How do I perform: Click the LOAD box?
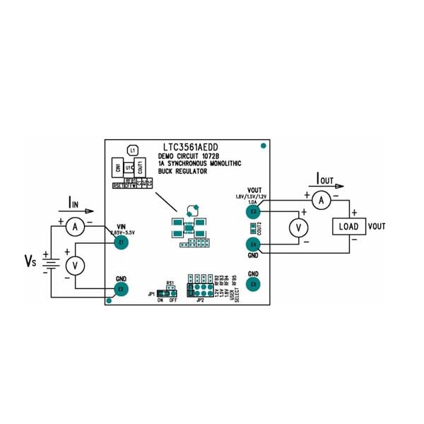pos(348,226)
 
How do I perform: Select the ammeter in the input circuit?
pos(78,225)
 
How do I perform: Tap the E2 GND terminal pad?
pos(121,288)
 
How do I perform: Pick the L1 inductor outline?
pos(132,151)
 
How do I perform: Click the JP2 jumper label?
pos(201,300)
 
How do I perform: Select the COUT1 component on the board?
pos(141,169)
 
